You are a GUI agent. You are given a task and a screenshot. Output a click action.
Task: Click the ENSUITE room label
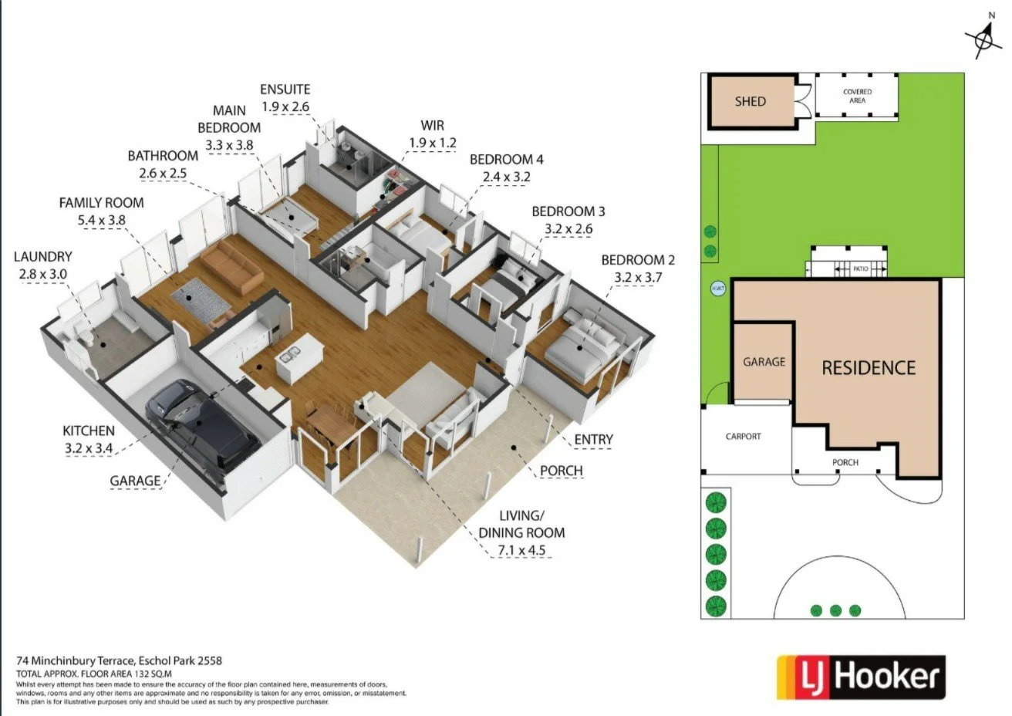pos(285,89)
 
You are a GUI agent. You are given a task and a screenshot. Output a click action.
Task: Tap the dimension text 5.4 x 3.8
pos(102,220)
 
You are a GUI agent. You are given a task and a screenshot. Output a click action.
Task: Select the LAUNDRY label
pos(42,256)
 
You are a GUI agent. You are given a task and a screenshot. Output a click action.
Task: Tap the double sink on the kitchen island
pos(288,356)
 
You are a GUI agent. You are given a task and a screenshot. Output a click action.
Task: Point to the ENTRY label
pos(593,439)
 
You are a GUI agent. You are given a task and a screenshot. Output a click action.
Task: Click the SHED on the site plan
pos(750,101)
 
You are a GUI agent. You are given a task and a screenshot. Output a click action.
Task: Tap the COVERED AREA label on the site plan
pos(857,96)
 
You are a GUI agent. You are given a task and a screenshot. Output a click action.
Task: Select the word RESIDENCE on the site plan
pos(869,368)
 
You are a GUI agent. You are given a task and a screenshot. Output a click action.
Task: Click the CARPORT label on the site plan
pos(743,437)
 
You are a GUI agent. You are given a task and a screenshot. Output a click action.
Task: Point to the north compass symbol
pos(983,37)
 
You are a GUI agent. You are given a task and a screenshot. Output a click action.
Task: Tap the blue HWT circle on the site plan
pos(715,289)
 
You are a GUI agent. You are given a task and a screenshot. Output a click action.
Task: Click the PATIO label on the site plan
pos(860,268)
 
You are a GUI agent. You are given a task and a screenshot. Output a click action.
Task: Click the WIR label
pos(432,125)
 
